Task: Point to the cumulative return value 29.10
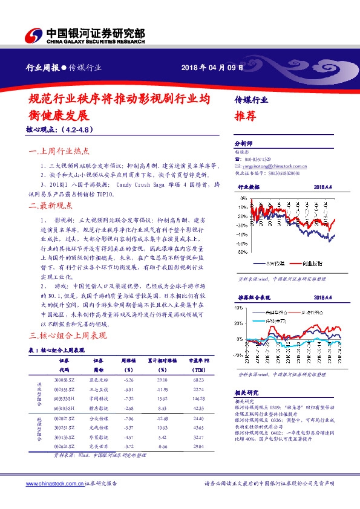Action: [x=162, y=380]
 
